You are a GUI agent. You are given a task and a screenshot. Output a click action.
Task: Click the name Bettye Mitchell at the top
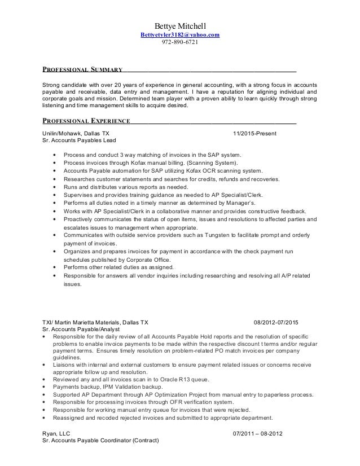(180, 26)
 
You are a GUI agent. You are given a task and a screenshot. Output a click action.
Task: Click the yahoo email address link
(180, 36)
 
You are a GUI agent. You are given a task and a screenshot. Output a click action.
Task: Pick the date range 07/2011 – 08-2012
(258, 433)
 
